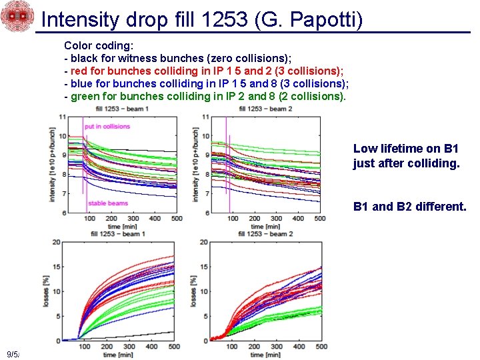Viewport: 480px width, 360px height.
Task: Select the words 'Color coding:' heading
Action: (99, 46)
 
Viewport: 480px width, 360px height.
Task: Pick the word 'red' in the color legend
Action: (79, 71)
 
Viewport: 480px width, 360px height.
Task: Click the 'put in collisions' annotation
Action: (107, 126)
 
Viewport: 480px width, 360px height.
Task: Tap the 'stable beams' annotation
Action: (107, 203)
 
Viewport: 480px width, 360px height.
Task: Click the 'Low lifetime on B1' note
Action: (405, 149)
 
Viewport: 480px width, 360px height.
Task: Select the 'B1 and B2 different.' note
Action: (409, 207)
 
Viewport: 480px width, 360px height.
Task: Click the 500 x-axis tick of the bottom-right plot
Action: (321, 347)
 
